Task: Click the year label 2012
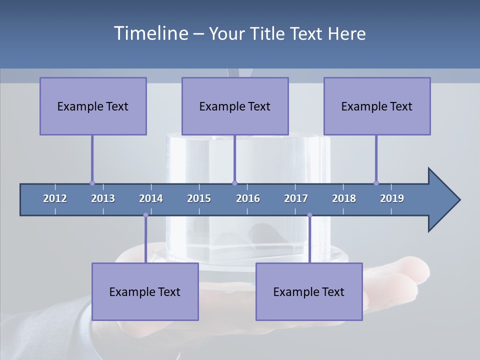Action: (55, 198)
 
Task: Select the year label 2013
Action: (103, 198)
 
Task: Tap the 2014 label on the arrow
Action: (151, 198)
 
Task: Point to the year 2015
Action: (199, 198)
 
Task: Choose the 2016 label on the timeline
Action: (248, 198)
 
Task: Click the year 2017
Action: (296, 198)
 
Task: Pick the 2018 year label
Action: (344, 198)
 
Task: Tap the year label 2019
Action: (392, 198)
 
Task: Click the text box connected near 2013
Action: (93, 106)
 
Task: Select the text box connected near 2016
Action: (235, 106)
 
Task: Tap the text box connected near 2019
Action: (377, 106)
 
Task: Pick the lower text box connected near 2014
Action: (145, 291)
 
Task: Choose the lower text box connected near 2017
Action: (309, 291)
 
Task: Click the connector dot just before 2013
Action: (92, 183)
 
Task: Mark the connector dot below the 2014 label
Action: (145, 215)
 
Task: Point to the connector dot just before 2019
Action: (376, 183)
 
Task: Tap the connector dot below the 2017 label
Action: (309, 215)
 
